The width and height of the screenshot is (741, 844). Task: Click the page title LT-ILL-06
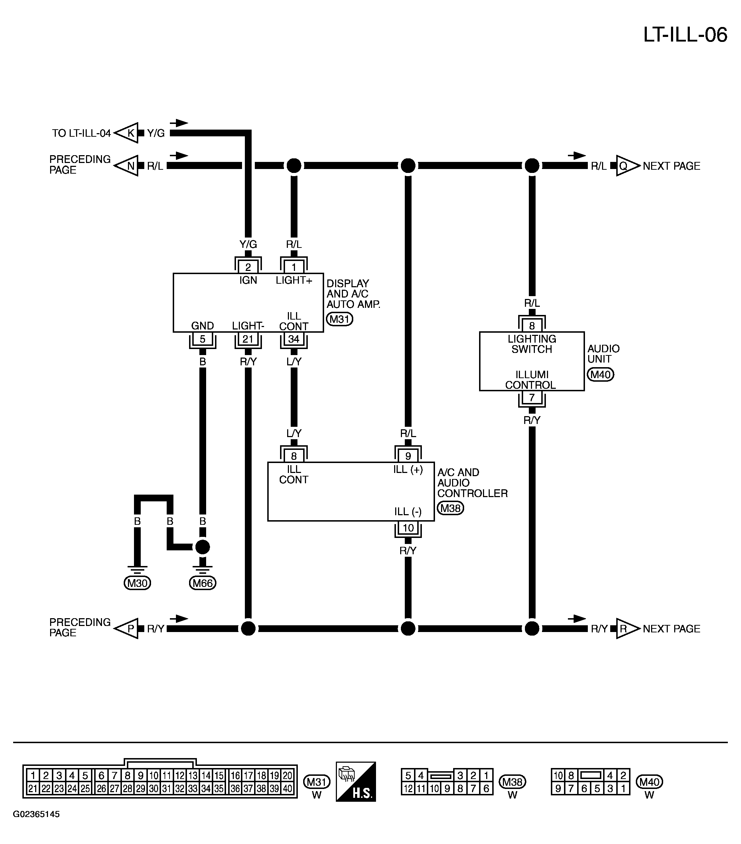[685, 35]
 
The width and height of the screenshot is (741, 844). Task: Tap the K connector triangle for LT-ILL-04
[127, 133]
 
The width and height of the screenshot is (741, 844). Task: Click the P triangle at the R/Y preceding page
[127, 628]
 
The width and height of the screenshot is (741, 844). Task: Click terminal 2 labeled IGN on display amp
[248, 267]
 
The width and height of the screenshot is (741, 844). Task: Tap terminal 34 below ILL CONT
[294, 339]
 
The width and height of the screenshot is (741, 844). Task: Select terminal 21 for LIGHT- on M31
[248, 339]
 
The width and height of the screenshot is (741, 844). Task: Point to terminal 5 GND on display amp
[203, 339]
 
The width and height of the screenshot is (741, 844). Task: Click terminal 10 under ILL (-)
[408, 528]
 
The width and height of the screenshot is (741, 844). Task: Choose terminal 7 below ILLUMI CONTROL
[532, 397]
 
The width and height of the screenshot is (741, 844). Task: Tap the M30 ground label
[137, 583]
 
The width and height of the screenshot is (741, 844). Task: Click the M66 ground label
[203, 583]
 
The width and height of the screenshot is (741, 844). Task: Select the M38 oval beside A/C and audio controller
[451, 508]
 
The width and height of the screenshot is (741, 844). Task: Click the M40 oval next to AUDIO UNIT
[601, 375]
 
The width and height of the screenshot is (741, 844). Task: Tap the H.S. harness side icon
[356, 781]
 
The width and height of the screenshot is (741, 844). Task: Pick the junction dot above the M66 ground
[203, 547]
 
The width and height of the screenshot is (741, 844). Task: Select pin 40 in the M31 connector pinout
[288, 788]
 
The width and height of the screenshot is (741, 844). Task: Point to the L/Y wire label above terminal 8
[294, 433]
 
